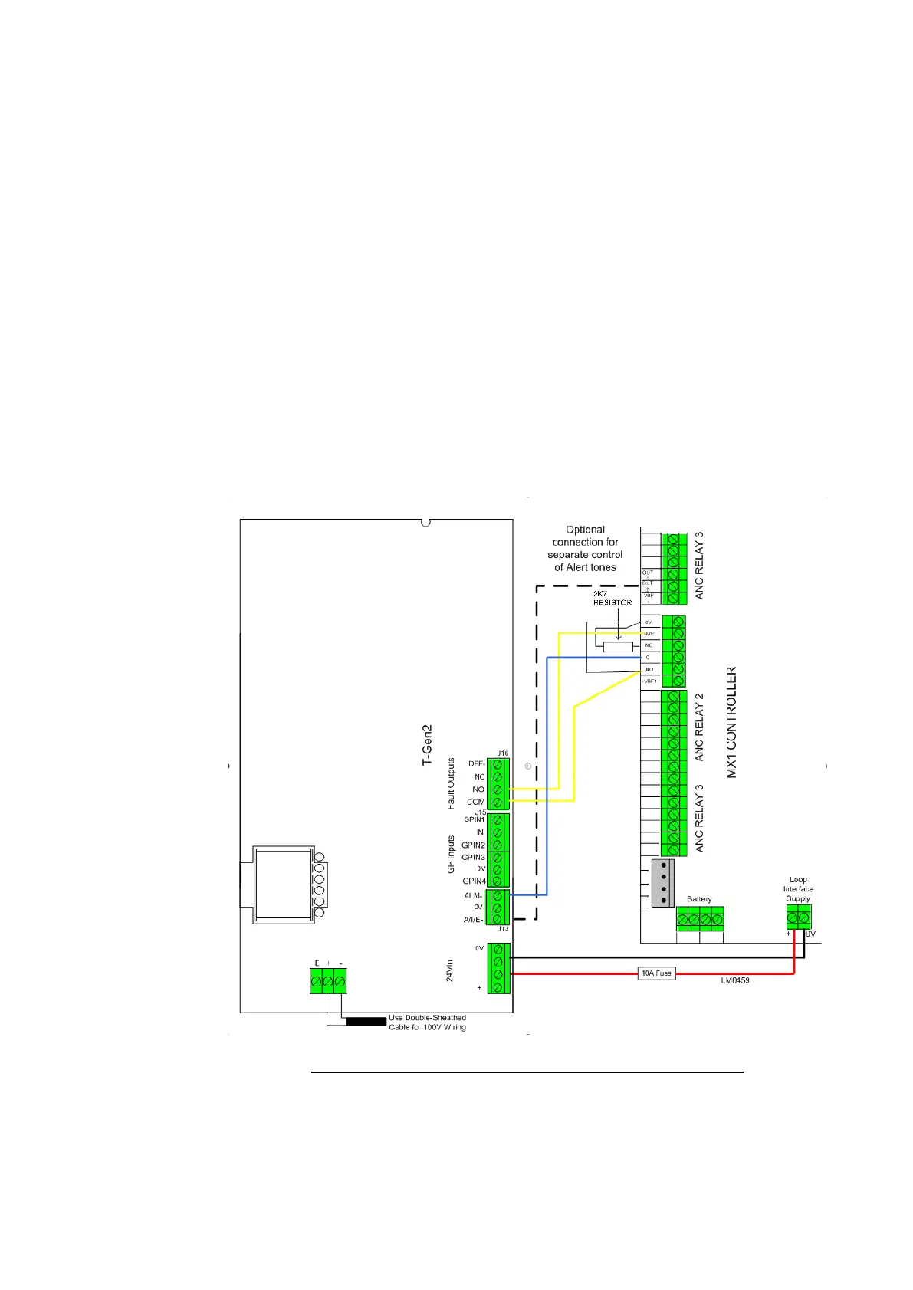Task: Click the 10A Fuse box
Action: pyautogui.click(x=657, y=973)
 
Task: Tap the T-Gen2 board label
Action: pyautogui.click(x=428, y=744)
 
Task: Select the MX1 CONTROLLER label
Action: pyautogui.click(x=731, y=722)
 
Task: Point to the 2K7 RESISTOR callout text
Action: pyautogui.click(x=612, y=598)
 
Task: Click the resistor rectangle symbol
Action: pyautogui.click(x=618, y=647)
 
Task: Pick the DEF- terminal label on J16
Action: pyautogui.click(x=476, y=764)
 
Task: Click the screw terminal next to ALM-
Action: pyautogui.click(x=498, y=895)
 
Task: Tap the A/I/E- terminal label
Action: pyautogui.click(x=473, y=920)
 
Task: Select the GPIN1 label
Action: pyautogui.click(x=475, y=819)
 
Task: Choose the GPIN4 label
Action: pyautogui.click(x=475, y=881)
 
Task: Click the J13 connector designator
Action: pyautogui.click(x=503, y=929)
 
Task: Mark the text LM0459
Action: pyautogui.click(x=735, y=980)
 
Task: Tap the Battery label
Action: pyautogui.click(x=699, y=899)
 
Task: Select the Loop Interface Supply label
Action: pyautogui.click(x=798, y=889)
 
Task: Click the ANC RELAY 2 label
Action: pyautogui.click(x=699, y=727)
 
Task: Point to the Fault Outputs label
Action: pyautogui.click(x=452, y=783)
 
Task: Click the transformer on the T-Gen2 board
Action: pyautogui.click(x=284, y=885)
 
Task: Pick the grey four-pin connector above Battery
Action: pyautogui.click(x=662, y=883)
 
